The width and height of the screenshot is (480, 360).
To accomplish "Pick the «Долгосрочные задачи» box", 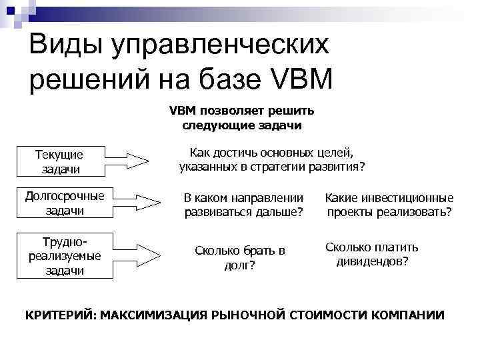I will click(65, 203).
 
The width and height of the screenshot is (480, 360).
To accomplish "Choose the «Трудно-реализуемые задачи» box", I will click(65, 255).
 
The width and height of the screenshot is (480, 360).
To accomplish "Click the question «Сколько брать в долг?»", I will click(239, 257).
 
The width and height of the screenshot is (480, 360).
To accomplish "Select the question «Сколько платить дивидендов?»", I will click(372, 253).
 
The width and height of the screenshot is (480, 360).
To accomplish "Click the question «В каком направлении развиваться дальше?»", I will click(243, 205).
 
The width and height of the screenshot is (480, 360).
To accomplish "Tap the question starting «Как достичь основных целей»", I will click(272, 159).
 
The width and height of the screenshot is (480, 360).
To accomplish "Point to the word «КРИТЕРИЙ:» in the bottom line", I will click(61, 314).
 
